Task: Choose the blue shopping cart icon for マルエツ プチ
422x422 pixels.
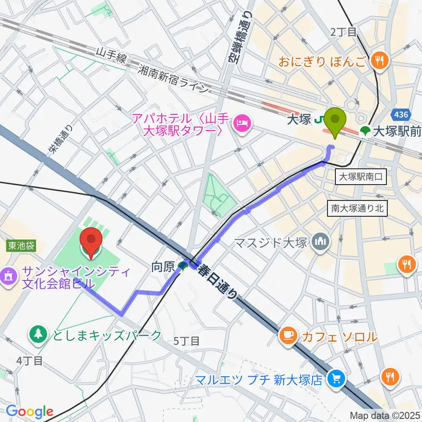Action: tap(338, 378)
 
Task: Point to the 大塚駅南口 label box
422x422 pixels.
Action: tap(361, 178)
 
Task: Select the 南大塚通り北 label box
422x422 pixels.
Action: tap(358, 208)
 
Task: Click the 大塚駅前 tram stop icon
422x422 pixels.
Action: tap(365, 131)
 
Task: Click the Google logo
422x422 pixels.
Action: tap(29, 412)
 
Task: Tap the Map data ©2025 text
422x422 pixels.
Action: tap(384, 415)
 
